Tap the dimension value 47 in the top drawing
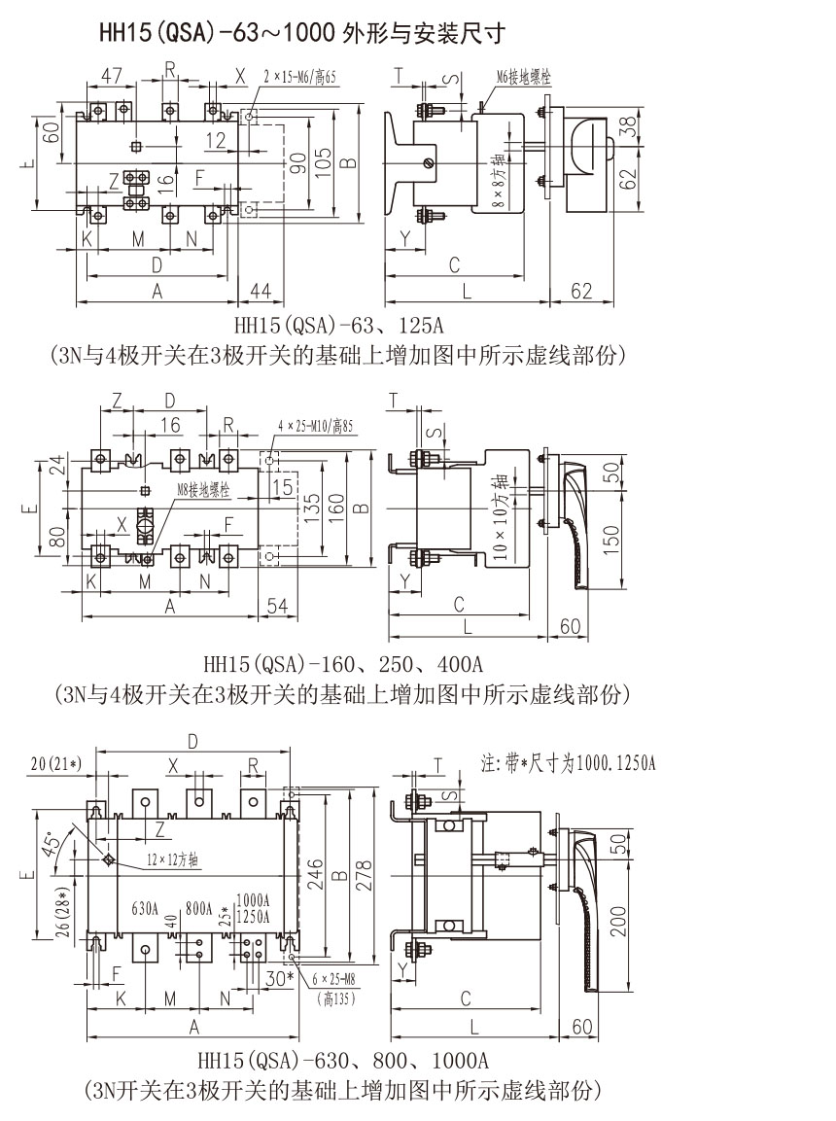click(112, 75)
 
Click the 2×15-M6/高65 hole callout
click(299, 75)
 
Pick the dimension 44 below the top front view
click(261, 290)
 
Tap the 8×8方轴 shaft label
click(498, 181)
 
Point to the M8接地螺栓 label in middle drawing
click(203, 491)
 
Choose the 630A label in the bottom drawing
click(145, 910)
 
